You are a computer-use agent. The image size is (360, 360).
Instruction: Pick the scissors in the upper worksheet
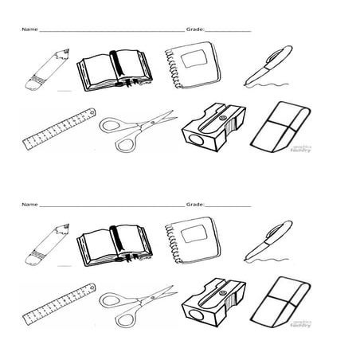(135, 130)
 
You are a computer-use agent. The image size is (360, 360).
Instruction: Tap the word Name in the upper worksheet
(29, 29)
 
